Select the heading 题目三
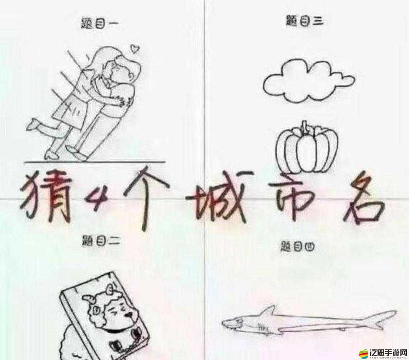[305, 21]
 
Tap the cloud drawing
[308, 81]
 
